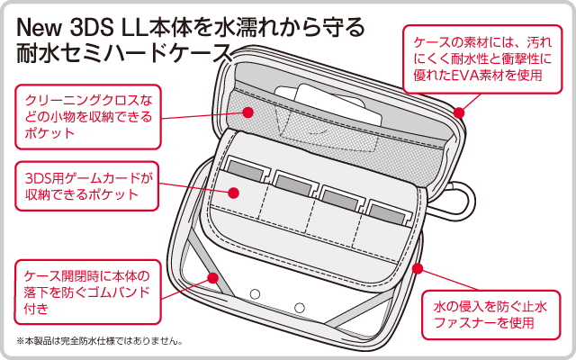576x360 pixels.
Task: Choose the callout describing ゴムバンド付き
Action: pos(87,290)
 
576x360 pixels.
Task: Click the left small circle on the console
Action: pos(255,293)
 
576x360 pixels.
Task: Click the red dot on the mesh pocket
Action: pos(249,112)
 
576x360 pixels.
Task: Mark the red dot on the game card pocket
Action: pos(232,192)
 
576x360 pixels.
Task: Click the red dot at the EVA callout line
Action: pos(459,112)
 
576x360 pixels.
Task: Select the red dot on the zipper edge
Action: pos(418,267)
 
